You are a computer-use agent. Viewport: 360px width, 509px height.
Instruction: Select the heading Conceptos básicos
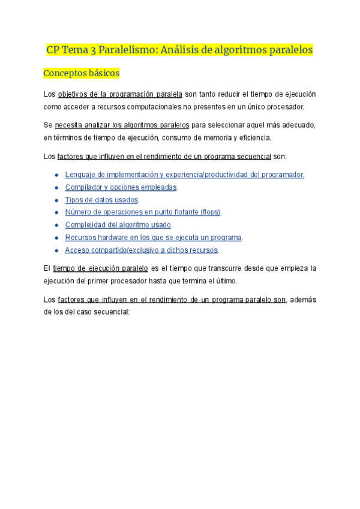pos(82,73)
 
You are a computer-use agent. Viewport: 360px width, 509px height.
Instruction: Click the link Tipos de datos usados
pos(101,200)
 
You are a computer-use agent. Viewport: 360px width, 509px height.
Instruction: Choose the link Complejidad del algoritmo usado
pos(118,225)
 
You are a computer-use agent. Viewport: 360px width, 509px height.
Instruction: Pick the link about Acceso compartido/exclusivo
pos(141,250)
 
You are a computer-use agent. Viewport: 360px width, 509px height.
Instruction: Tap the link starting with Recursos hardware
pos(153,238)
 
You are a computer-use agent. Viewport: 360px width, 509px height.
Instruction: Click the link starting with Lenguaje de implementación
pos(184,175)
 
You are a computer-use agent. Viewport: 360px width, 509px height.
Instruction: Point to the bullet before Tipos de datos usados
pos(56,200)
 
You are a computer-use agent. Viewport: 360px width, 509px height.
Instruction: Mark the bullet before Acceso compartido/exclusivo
pos(56,250)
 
